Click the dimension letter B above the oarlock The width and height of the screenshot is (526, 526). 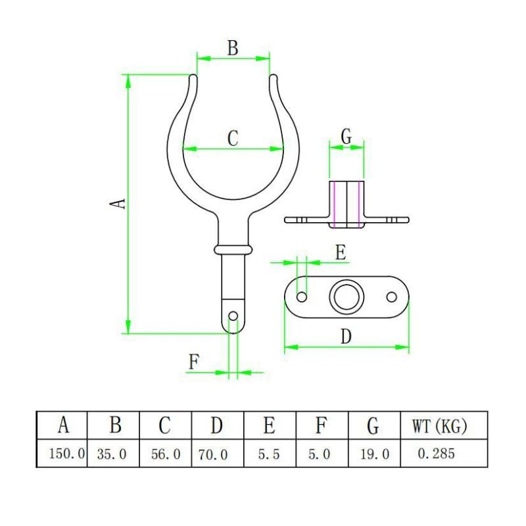tap(233, 47)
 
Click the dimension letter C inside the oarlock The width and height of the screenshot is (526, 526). tap(233, 138)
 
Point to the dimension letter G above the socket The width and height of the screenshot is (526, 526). tap(347, 137)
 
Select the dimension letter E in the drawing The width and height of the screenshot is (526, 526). tap(341, 252)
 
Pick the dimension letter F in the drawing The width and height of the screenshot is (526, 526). tap(194, 362)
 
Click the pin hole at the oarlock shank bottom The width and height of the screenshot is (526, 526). tap(233, 316)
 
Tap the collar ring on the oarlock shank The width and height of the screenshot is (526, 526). tap(233, 250)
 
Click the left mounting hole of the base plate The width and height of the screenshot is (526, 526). tap(302, 297)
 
